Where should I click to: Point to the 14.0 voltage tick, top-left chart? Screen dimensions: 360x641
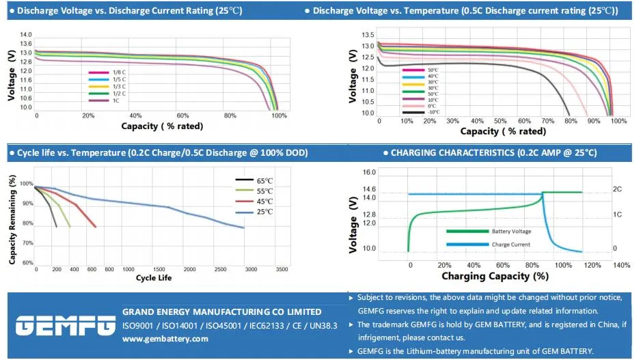pyautogui.click(x=26, y=35)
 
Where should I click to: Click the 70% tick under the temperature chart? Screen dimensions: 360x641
pyautogui.click(x=547, y=121)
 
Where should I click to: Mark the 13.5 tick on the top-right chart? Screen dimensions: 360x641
pyautogui.click(x=366, y=35)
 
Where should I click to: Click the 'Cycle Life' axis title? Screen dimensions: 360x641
pyautogui.click(x=154, y=278)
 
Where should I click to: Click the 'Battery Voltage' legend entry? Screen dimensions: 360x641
pyautogui.click(x=510, y=232)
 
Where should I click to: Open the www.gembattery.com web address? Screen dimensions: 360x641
pyautogui.click(x=165, y=339)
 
